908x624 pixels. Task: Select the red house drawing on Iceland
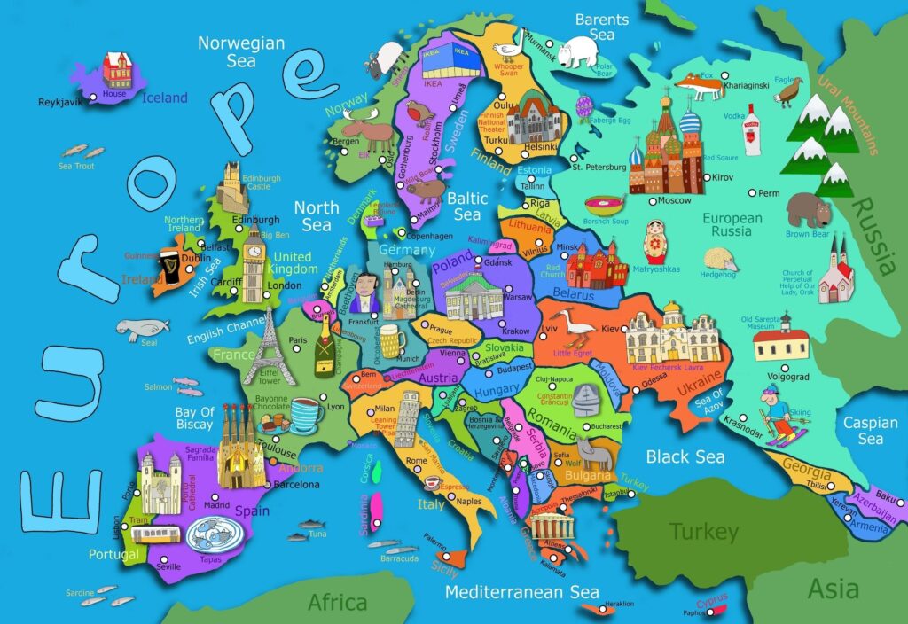116,70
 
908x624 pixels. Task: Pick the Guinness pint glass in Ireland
168,265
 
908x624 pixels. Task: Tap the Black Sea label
685,457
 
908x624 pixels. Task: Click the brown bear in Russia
808,210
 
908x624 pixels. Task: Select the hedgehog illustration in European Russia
720,260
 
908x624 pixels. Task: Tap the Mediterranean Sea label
521,591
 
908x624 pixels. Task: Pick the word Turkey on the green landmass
703,532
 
